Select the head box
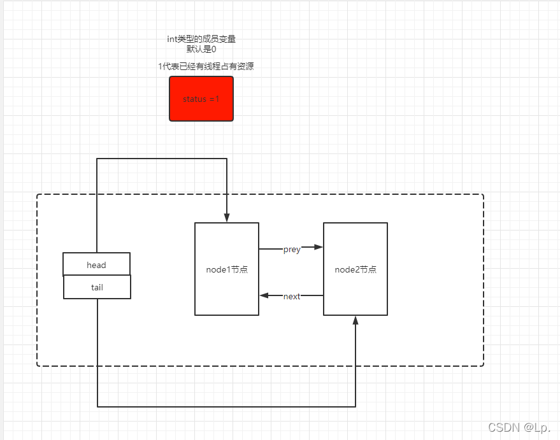click(x=96, y=264)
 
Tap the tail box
click(x=97, y=287)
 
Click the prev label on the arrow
click(x=292, y=250)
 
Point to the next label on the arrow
click(x=292, y=296)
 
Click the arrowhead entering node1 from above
click(x=227, y=218)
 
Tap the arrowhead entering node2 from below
click(x=355, y=320)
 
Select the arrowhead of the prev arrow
click(x=318, y=246)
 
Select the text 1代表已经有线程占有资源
click(x=206, y=66)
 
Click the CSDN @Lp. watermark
click(x=519, y=427)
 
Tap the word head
click(x=96, y=265)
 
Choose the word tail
click(x=97, y=288)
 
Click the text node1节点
click(x=227, y=269)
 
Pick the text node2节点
click(x=355, y=269)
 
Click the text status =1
click(x=201, y=99)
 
